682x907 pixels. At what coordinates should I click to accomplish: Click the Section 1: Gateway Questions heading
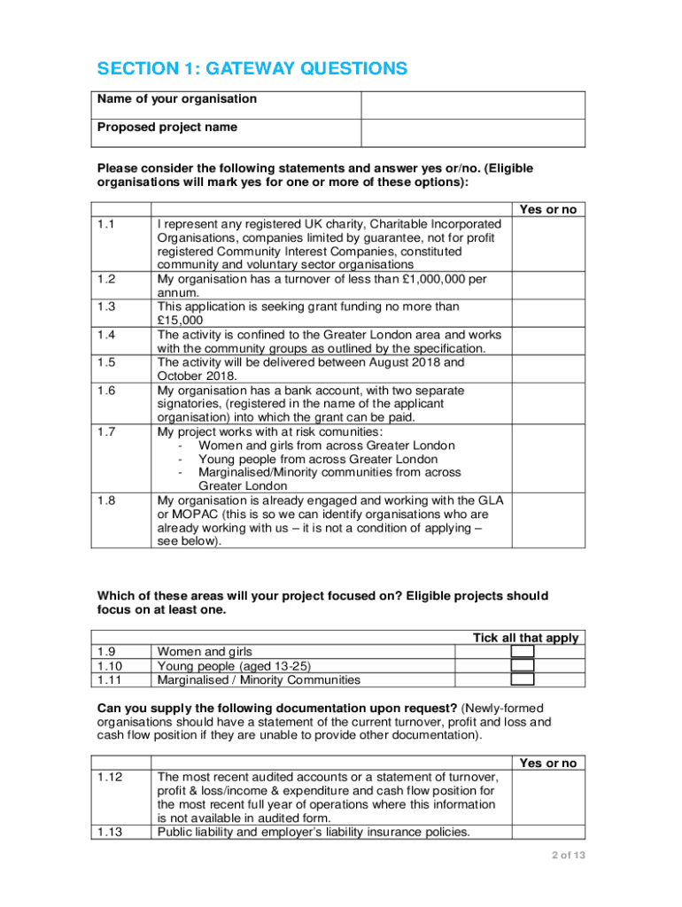click(252, 69)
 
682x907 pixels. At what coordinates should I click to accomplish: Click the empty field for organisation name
click(472, 105)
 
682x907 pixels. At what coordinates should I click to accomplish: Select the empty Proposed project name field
click(472, 133)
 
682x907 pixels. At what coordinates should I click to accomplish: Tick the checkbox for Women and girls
click(523, 652)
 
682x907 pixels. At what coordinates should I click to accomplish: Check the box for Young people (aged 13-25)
click(523, 666)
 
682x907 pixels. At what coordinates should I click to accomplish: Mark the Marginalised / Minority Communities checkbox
click(523, 680)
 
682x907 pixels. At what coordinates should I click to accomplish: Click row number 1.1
click(107, 225)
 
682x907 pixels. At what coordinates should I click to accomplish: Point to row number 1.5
click(107, 362)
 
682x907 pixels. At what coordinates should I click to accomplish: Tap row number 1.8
click(107, 500)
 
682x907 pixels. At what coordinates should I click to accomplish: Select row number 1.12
click(110, 777)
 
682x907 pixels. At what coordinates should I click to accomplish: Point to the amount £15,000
click(180, 321)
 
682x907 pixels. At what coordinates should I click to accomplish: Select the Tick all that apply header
click(525, 638)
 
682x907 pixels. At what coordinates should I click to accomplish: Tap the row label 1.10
click(110, 666)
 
